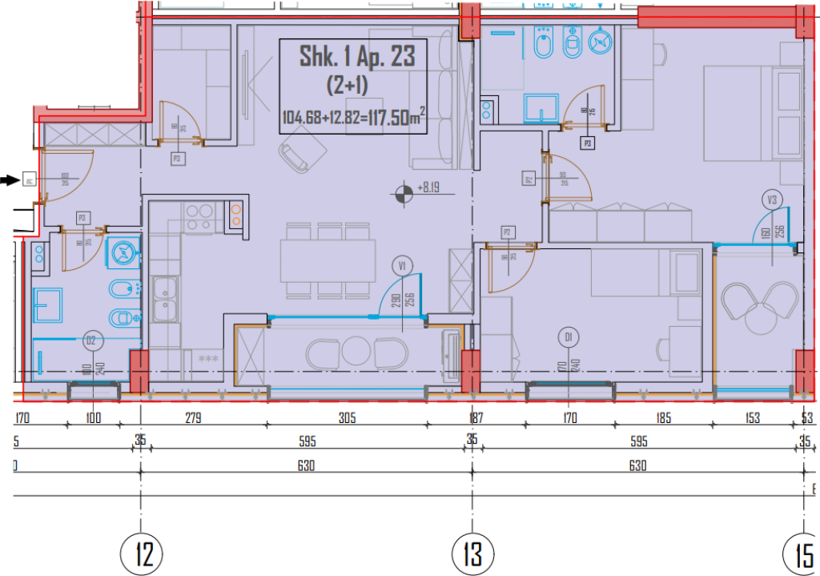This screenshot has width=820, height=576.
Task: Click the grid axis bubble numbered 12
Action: tap(143, 554)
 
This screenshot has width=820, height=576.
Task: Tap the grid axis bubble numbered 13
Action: tap(473, 554)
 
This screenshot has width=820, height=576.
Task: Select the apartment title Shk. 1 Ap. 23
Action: tap(358, 57)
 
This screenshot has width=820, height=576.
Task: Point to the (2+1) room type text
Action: tap(348, 84)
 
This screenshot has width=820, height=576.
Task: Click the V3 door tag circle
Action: tap(772, 199)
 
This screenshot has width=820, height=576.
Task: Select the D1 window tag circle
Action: tap(568, 336)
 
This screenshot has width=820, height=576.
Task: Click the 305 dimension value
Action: tap(348, 417)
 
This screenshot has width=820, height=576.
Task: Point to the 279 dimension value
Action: tap(192, 417)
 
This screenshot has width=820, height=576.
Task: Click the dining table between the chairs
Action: tap(328, 261)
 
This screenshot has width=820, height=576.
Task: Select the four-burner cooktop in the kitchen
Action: tap(200, 217)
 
